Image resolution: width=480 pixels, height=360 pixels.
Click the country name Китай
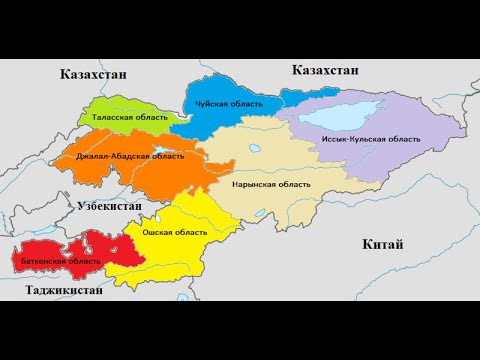(x=384, y=245)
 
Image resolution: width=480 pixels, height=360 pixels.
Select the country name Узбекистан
(x=110, y=205)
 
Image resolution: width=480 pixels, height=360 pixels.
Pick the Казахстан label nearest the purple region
(x=325, y=69)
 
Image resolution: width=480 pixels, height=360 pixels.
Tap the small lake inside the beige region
(x=251, y=151)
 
